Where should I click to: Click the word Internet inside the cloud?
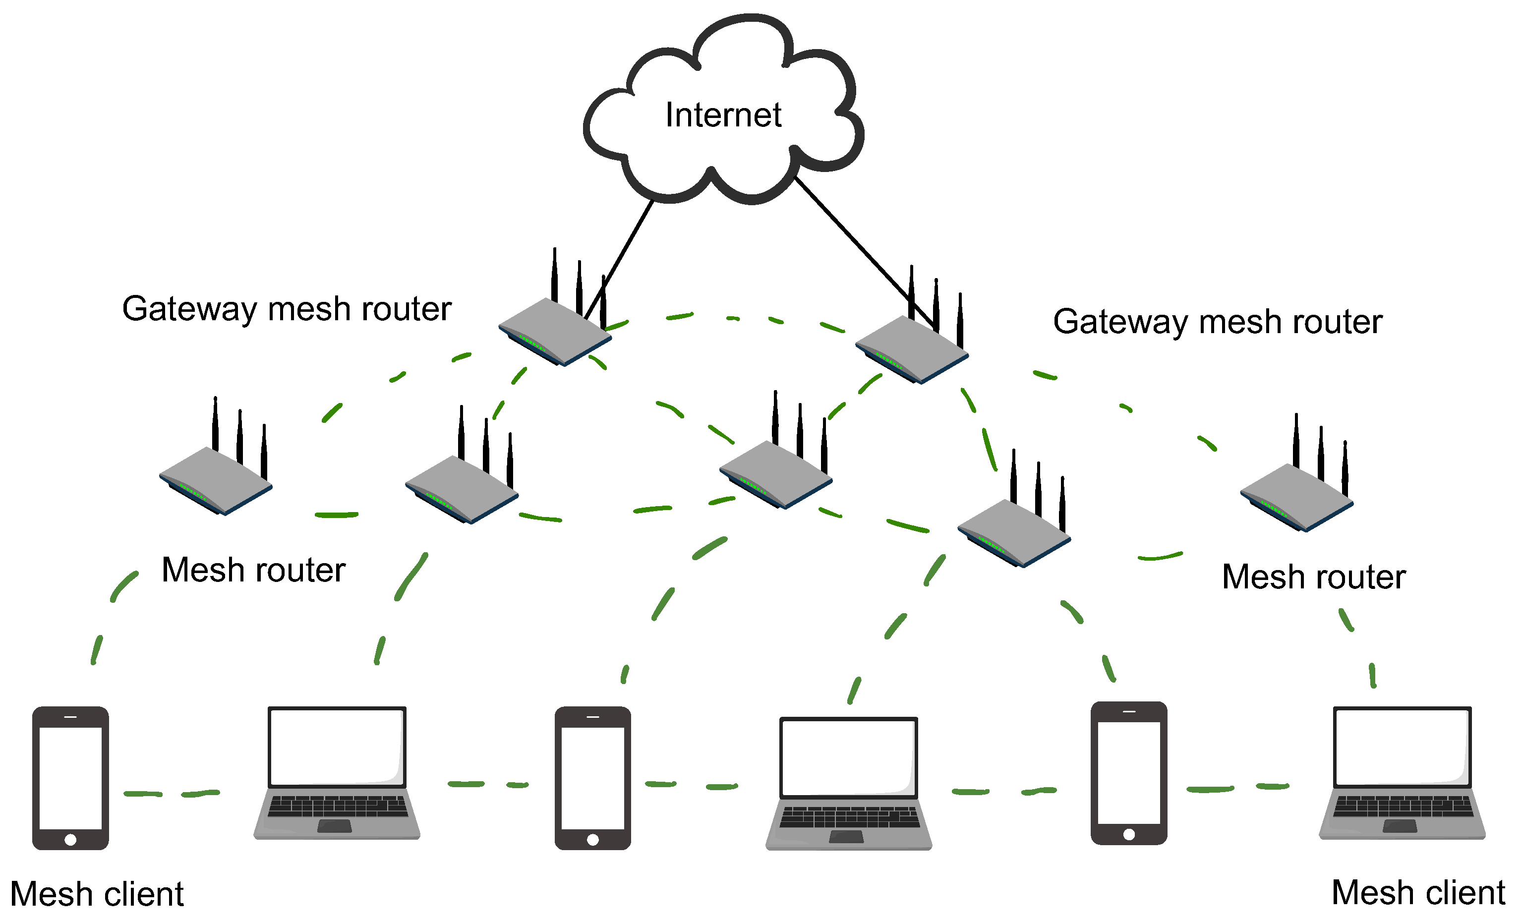tap(723, 115)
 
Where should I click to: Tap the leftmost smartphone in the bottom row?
tap(70, 778)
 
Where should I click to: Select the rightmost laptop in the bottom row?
tap(1402, 772)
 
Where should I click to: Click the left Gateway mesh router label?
tap(287, 309)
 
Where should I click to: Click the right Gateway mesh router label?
tap(1218, 322)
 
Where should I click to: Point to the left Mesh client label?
tap(97, 894)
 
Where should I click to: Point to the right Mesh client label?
tap(1419, 893)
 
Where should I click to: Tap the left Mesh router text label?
tap(253, 570)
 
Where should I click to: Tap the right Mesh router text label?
tap(1314, 577)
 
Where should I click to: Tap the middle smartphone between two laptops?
tap(592, 778)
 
